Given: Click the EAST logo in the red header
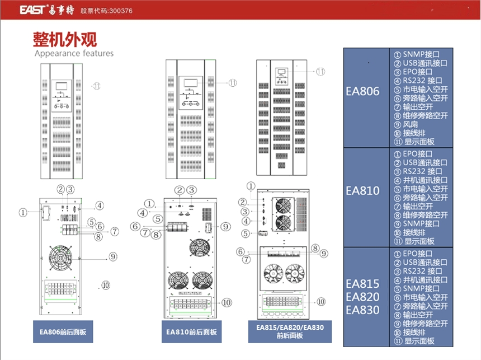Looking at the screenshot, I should point(35,10).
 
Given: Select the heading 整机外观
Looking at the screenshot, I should point(65,39).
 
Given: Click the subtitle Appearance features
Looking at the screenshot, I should point(74,54).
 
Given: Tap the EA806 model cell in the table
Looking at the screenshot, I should point(362,92).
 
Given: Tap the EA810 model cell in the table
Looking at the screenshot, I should point(362,190).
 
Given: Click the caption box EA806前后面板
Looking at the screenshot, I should point(62,331).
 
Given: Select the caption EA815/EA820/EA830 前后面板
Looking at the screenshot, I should point(290,331).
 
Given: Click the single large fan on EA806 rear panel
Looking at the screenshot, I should point(61,259).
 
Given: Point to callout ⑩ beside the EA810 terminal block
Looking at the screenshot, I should point(226,302).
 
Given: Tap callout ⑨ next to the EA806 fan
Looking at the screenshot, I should point(112,257).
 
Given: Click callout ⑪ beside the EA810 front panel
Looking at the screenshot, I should point(232,82).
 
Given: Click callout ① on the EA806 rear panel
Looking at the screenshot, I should point(23,213).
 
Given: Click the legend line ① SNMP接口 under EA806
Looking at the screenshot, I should point(417,55).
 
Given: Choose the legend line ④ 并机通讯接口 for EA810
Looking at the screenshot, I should point(421,180).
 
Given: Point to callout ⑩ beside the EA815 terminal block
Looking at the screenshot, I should point(320,301).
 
